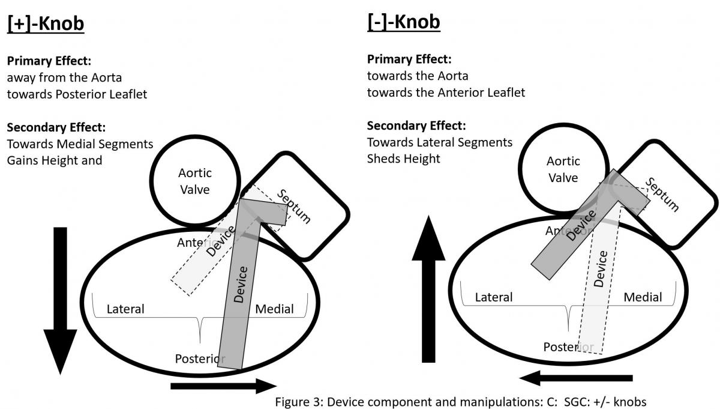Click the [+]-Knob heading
(46, 23)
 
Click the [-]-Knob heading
(403, 22)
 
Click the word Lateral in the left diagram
(125, 309)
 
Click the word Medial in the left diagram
(274, 309)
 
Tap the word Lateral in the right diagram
(493, 297)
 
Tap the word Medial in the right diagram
(643, 297)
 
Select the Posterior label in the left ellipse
(199, 359)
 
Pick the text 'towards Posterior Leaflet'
(77, 94)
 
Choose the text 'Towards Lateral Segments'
(439, 142)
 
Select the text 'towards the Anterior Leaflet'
(446, 92)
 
